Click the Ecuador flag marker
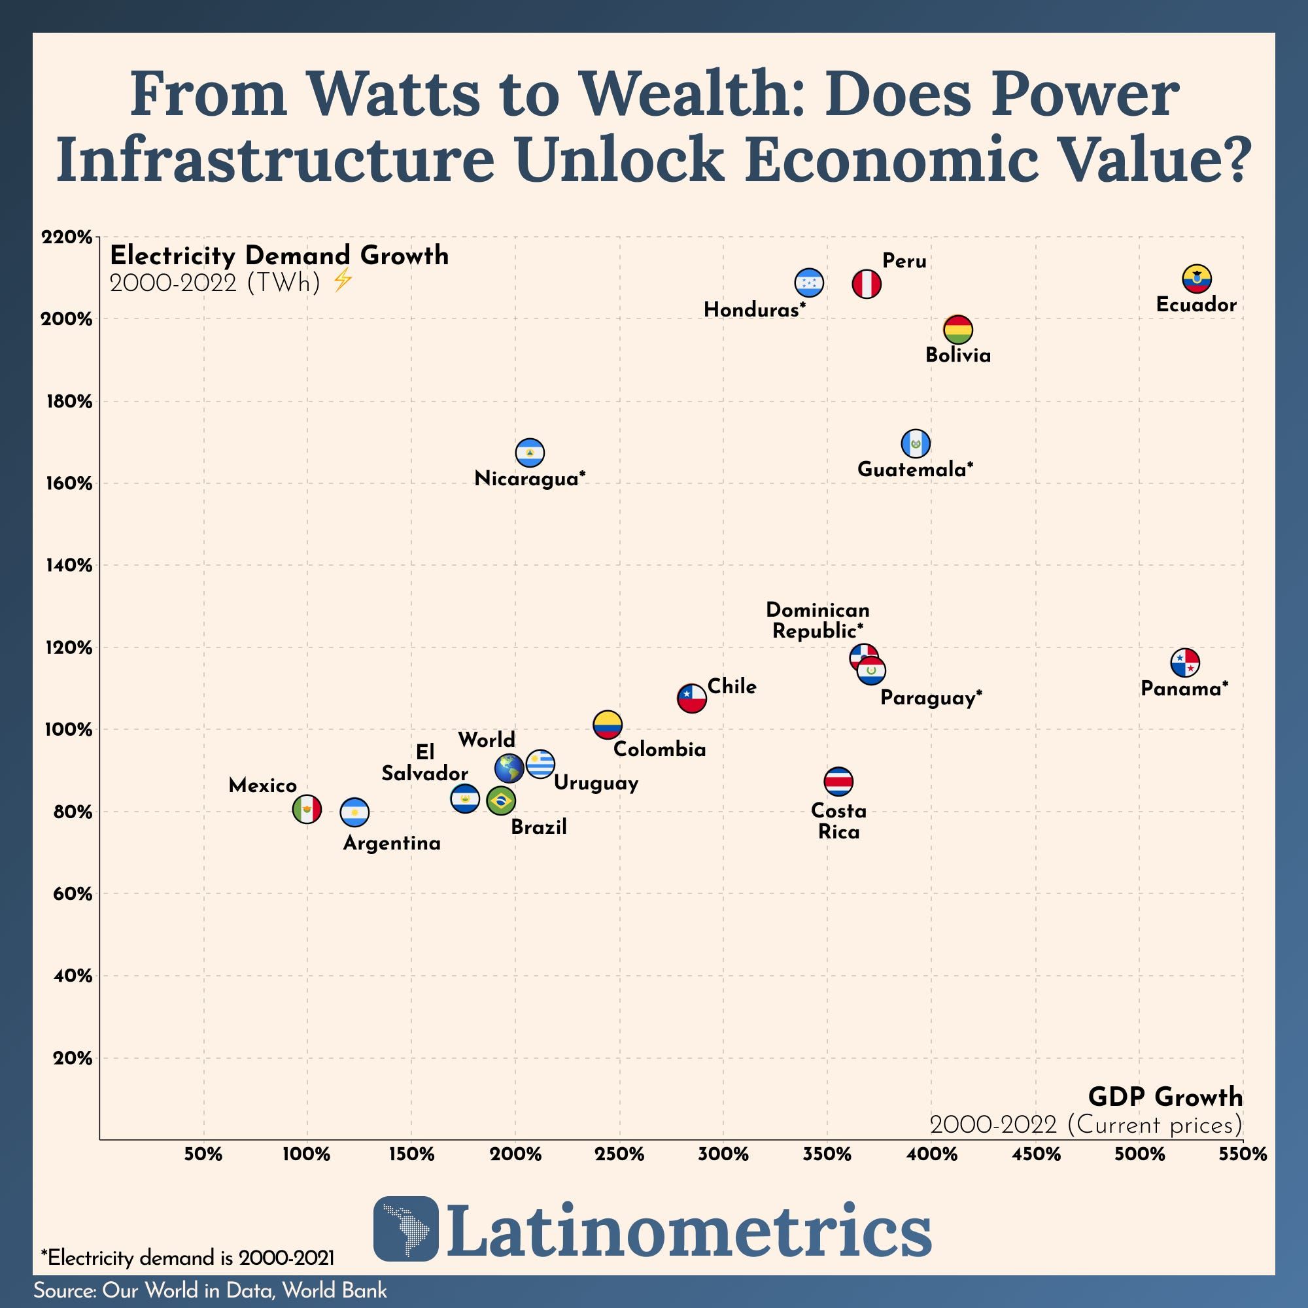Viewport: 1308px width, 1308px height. point(1197,278)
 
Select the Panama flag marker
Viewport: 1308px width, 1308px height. point(1185,662)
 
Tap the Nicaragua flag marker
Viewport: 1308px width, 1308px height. point(530,453)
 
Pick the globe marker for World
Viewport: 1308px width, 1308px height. point(509,768)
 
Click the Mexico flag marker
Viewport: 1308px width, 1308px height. point(307,809)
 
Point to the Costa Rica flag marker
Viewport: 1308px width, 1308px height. point(838,782)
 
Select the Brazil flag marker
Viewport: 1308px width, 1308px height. point(501,801)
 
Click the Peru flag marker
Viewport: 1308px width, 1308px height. point(867,284)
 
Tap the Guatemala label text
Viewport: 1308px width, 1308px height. point(915,469)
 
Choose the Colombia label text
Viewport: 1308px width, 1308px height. point(659,749)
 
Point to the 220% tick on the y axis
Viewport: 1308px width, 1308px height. point(66,237)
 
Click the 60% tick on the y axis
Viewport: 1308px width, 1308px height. point(72,893)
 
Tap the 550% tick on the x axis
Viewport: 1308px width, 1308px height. point(1243,1155)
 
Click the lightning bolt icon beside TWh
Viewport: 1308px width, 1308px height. point(343,280)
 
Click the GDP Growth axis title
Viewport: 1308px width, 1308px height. point(1165,1096)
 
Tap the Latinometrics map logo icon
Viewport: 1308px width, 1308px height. point(405,1238)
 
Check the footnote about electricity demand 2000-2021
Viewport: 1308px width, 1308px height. point(188,1258)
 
